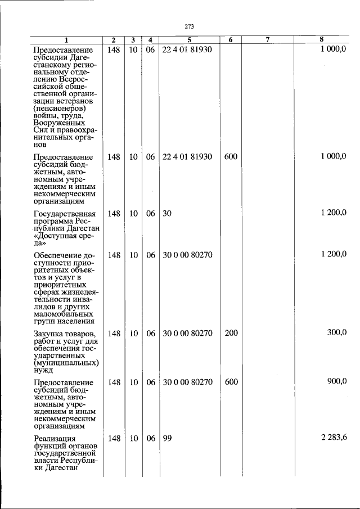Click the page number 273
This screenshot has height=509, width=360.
pos(189,26)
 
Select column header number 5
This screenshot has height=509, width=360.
pos(190,40)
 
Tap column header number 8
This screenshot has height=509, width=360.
pos(321,40)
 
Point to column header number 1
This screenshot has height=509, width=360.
pos(66,40)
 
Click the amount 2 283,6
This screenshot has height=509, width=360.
pos(334,438)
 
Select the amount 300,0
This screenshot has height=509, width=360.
pos(337,333)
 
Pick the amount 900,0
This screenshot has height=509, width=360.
pos(337,381)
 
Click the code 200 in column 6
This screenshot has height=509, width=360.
pos(231,334)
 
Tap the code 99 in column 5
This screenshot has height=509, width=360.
pos(166,438)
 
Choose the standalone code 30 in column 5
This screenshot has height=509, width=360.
pos(166,213)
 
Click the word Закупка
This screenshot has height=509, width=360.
pos(49,334)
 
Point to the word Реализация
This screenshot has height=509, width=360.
pos(54,438)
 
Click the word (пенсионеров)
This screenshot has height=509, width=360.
pos(59,107)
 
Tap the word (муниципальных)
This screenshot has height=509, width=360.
pos(66,363)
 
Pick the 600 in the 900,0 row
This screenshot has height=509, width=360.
pos(231,382)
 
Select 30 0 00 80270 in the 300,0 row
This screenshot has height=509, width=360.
pos(187,334)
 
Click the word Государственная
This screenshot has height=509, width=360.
pos(65,214)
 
